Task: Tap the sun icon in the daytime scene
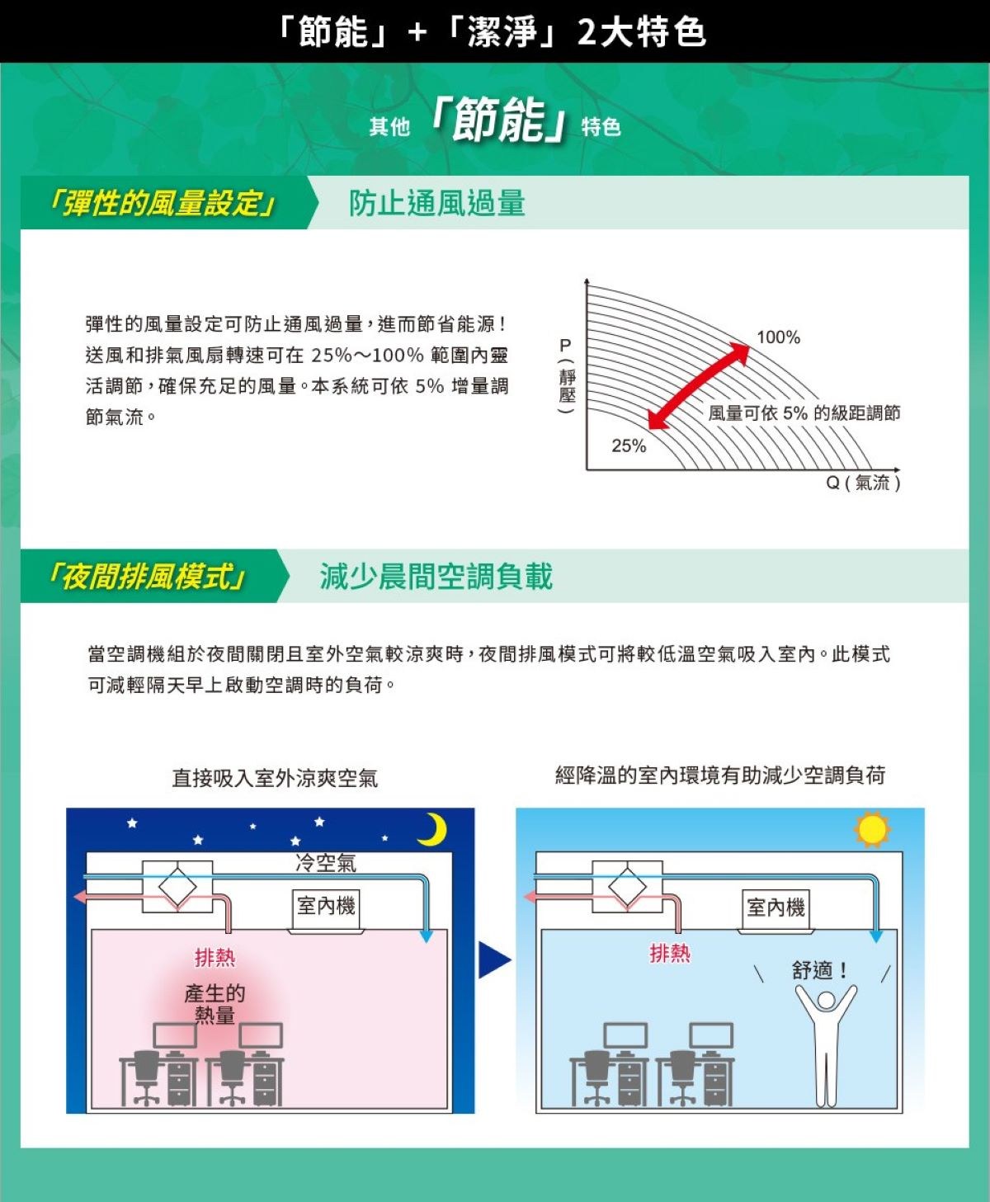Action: pos(872,830)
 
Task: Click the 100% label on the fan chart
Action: pos(778,337)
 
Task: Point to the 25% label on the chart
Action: pos(629,445)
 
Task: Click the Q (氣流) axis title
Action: pos(863,483)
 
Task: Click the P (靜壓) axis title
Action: pos(567,376)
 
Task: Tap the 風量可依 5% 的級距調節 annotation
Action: pos(804,412)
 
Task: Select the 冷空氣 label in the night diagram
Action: pos(326,863)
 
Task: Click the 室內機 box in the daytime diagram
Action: pos(775,908)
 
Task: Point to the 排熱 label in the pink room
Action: pos(215,957)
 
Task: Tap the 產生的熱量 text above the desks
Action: pos(214,1003)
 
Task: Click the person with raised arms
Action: pos(826,1045)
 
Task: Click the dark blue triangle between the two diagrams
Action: pos(493,959)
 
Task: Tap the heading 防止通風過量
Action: pos(437,203)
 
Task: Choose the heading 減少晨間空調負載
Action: pos(436,576)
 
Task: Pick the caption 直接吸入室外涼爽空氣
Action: pos(275,778)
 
